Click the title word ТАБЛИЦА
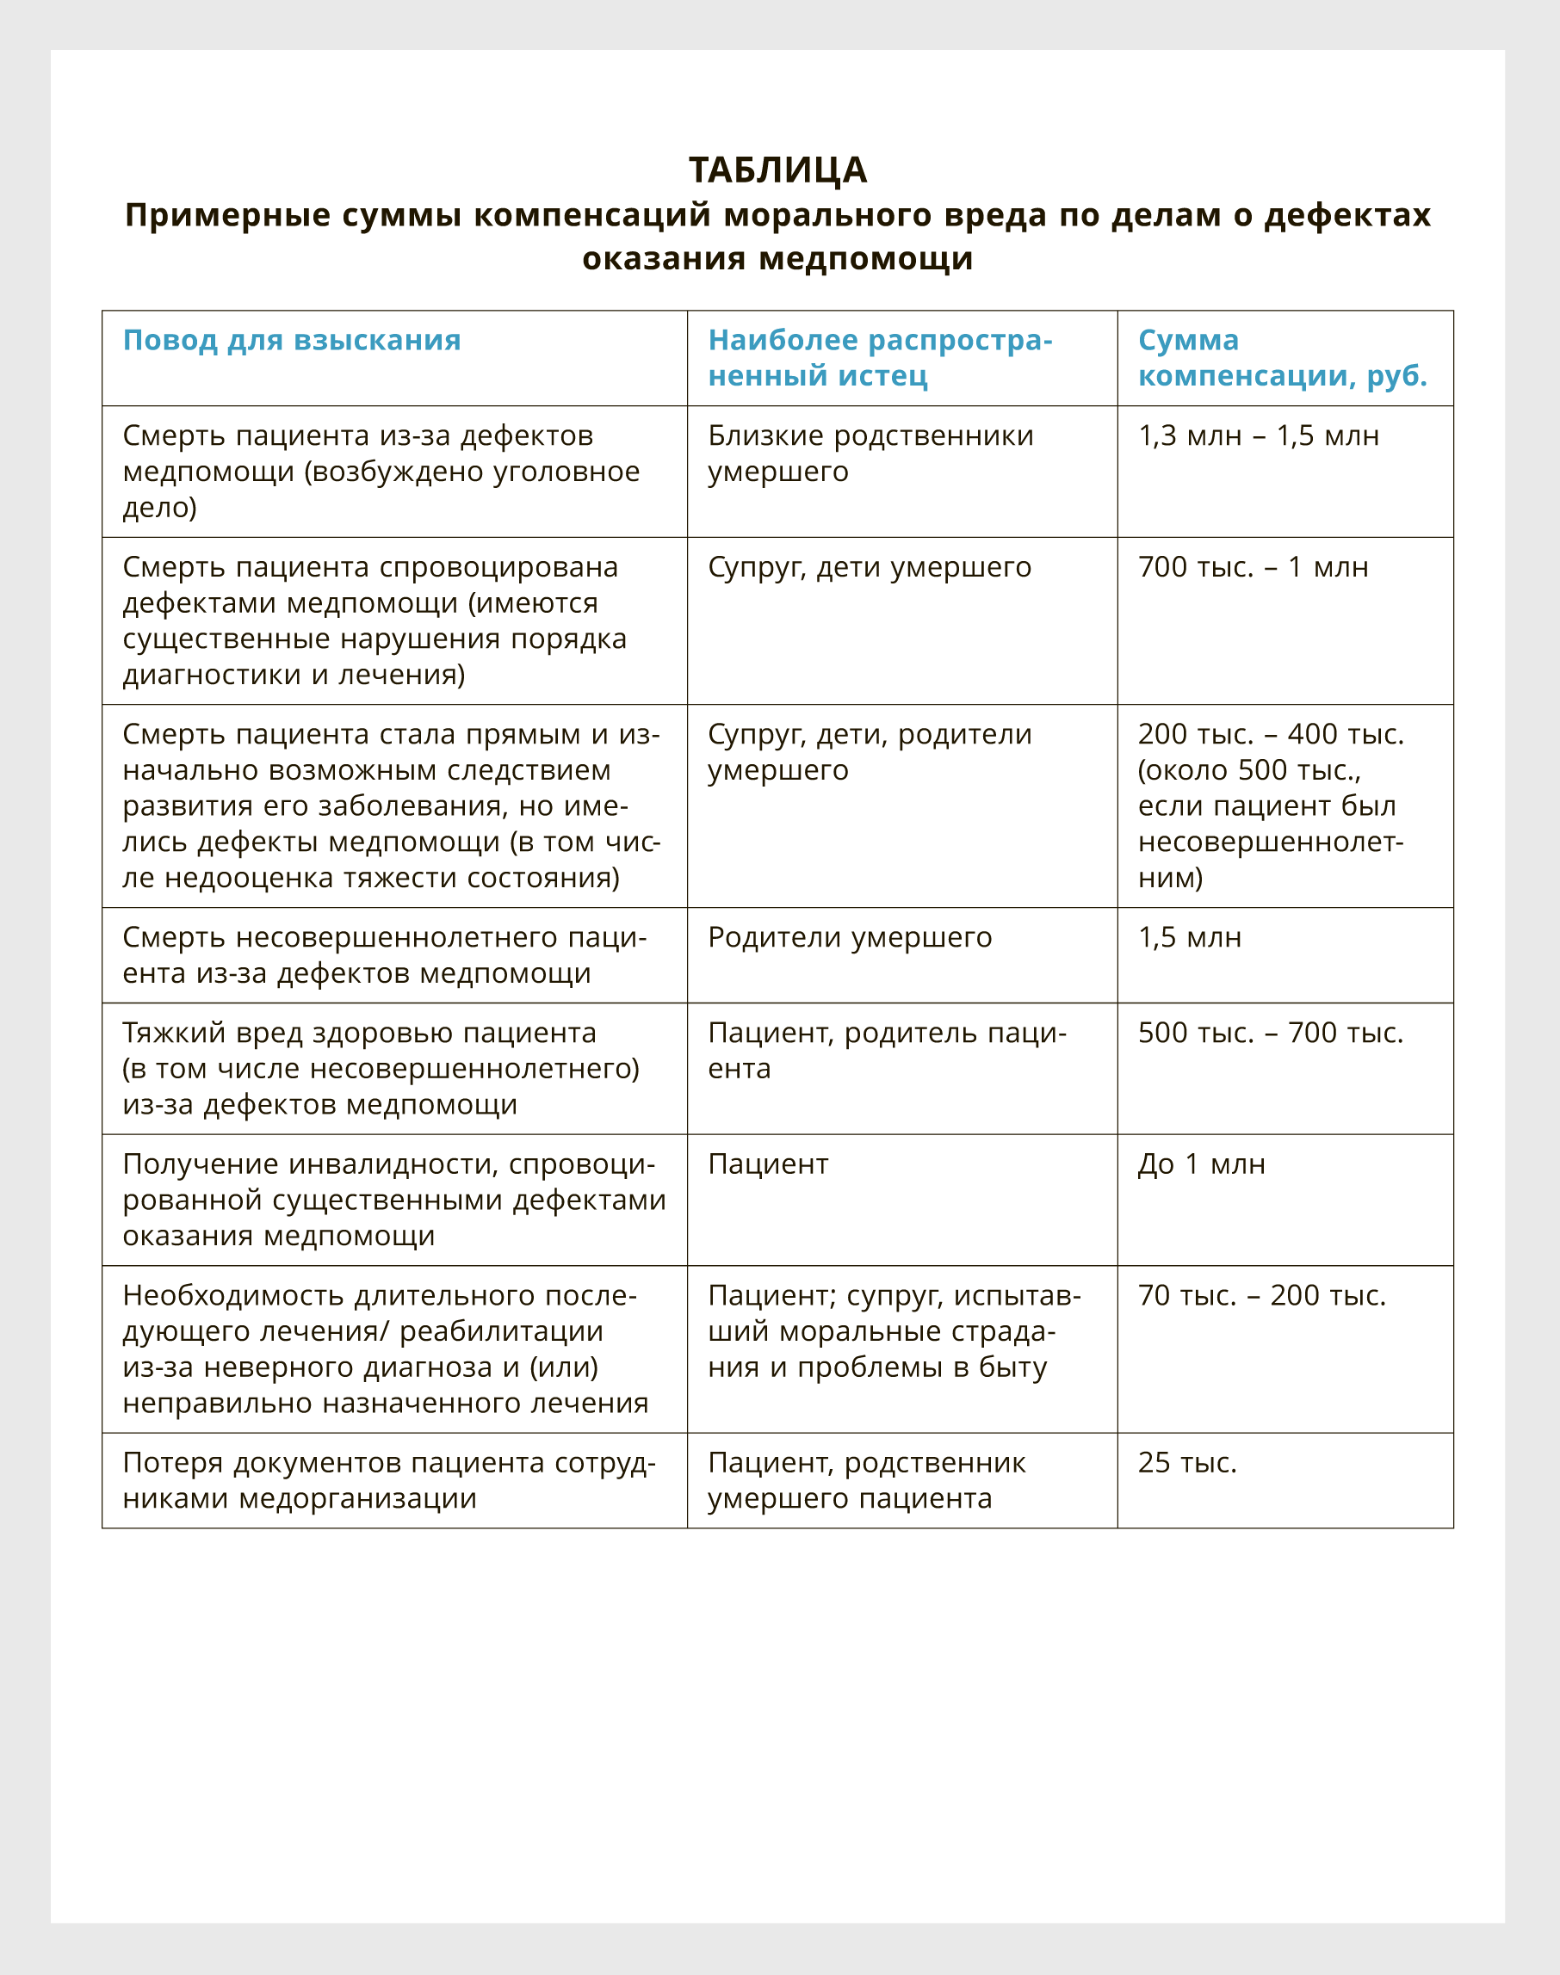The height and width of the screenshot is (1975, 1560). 777,170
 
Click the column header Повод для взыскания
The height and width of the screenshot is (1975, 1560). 291,341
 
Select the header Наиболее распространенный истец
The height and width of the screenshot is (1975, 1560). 880,358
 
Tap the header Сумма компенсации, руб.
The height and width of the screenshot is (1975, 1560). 1281,358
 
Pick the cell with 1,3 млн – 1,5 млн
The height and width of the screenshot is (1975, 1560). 1258,436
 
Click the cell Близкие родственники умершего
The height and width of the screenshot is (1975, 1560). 870,454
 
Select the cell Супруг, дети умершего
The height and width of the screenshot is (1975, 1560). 869,568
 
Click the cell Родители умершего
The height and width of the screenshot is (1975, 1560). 850,938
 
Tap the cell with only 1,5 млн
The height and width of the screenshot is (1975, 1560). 1189,938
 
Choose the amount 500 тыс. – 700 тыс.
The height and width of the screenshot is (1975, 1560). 1270,1033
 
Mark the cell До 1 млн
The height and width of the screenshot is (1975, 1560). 1201,1164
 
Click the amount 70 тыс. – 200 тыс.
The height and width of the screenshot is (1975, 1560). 1261,1296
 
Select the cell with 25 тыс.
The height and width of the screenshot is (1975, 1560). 1186,1463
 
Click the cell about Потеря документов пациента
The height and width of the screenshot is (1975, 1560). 388,1480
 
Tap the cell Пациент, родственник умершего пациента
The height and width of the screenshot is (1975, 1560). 866,1480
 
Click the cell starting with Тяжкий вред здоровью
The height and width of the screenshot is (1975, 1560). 381,1068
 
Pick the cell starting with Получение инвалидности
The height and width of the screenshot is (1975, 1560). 393,1200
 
